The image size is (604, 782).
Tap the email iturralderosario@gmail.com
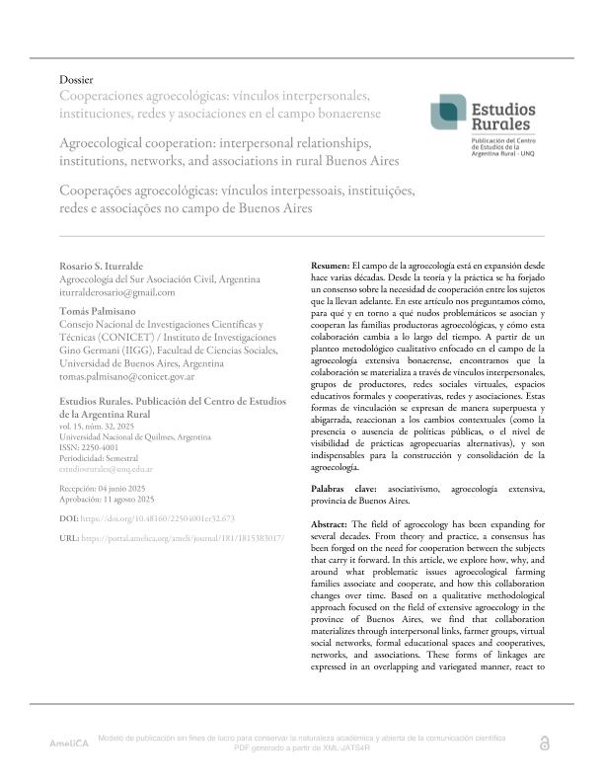[x=117, y=292]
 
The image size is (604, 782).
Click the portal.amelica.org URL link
[x=186, y=537]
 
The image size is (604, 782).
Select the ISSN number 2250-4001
[x=106, y=447]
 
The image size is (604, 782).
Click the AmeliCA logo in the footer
[x=69, y=743]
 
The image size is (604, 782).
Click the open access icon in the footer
[x=543, y=743]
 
